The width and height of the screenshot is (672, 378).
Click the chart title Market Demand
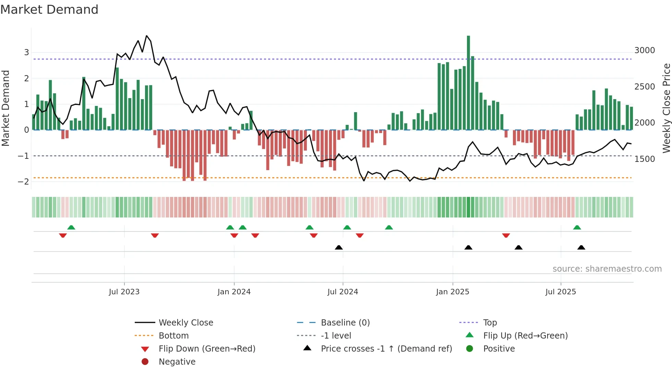49,10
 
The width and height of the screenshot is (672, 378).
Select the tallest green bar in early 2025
468,82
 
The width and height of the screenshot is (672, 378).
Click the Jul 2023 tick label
124,292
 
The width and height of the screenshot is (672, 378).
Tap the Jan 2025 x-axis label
453,292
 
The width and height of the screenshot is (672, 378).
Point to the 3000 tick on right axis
645,50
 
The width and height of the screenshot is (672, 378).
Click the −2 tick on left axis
23,182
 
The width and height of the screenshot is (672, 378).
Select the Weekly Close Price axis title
666,108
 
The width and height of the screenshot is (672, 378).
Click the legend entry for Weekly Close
186,323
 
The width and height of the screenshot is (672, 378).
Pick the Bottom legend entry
173,336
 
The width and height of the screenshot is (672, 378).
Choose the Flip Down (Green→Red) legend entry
207,349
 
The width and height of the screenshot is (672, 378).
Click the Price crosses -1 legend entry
386,349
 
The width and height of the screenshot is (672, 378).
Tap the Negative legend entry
177,362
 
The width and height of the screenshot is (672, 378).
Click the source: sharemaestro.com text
607,269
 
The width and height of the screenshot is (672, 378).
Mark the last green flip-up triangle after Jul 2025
577,227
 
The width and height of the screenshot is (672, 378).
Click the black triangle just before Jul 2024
339,247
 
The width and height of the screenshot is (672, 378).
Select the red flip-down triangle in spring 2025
506,235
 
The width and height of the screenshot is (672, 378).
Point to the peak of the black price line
146,36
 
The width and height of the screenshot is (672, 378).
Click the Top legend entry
490,323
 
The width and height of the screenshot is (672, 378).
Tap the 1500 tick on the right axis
645,159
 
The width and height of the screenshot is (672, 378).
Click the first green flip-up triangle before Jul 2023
71,227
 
